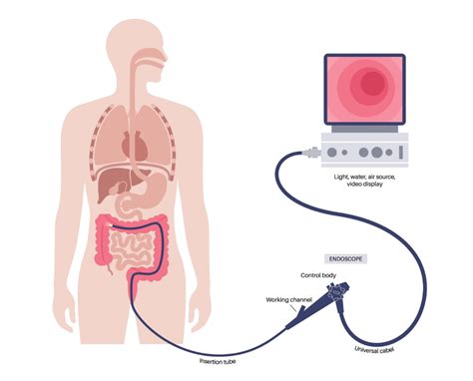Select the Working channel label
click(290, 299)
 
